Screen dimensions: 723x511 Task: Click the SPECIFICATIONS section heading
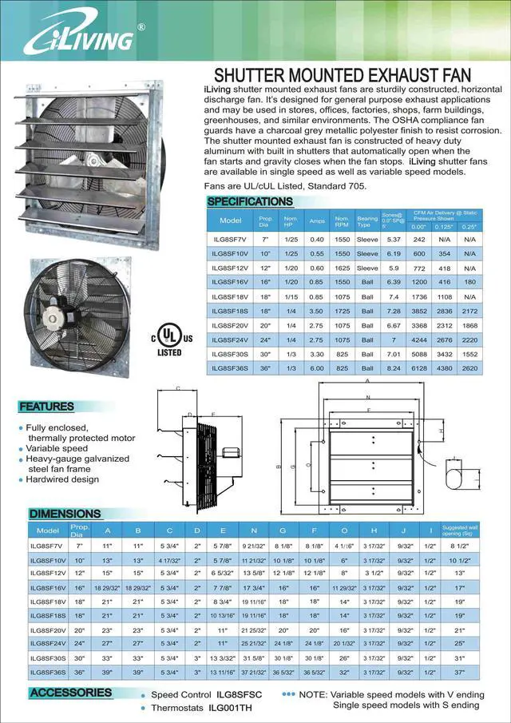pos(250,201)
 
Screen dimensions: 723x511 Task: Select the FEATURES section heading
pos(46,407)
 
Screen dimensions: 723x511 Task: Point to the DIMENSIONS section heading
pos(65,514)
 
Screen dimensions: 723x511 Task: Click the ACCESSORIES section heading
pos(71,693)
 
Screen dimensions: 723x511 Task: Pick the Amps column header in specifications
pos(317,220)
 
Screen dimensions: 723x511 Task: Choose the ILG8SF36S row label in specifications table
pos(230,367)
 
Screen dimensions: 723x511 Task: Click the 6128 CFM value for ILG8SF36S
pos(419,367)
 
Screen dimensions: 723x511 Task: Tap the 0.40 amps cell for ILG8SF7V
pos(317,239)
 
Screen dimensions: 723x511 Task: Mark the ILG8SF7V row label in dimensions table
pos(48,545)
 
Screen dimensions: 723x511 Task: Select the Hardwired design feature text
pos(62,479)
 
